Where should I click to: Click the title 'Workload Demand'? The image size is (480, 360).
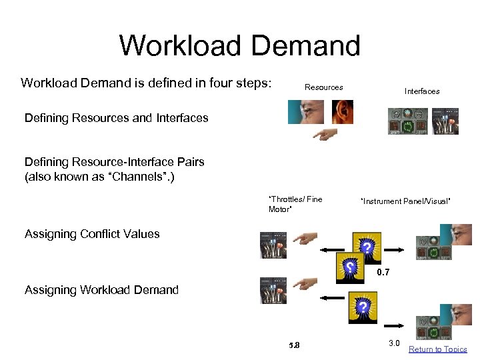coord(239,46)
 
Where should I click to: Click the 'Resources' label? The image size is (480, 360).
coord(323,87)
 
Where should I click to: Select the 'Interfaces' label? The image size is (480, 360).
coord(421,91)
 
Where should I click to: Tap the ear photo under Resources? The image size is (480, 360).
coord(343,111)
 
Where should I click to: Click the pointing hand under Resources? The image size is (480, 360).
coord(324,135)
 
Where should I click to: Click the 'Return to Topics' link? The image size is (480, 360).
coord(437,349)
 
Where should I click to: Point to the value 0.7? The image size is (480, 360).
coord(382,273)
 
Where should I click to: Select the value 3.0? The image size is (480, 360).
coord(393,343)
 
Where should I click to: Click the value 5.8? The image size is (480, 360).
coord(294,345)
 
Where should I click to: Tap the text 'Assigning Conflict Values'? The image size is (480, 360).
coord(92,234)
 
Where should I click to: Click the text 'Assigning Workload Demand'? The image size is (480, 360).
coord(101,290)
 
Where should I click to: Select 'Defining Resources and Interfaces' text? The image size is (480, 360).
coord(116,119)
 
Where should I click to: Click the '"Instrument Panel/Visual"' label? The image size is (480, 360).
coord(405,201)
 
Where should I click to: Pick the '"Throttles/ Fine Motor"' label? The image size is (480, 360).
coord(295,204)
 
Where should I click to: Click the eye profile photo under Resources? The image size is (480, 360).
coord(305,111)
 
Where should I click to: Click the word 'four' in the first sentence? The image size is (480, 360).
coord(215,83)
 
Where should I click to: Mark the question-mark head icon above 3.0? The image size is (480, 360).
coord(362,307)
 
